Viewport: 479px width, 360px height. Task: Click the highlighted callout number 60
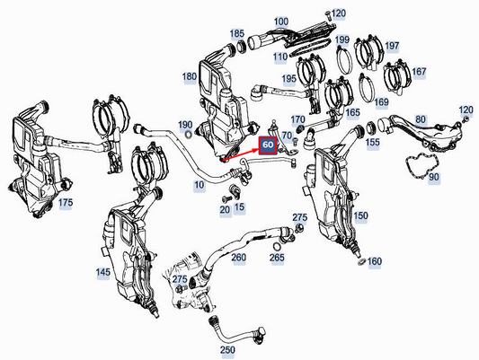click(x=269, y=145)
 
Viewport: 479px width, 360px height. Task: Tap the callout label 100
click(x=281, y=21)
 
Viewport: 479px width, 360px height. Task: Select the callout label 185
click(x=236, y=34)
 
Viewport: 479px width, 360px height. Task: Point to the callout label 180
click(x=189, y=77)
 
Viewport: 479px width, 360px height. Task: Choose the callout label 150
click(x=360, y=216)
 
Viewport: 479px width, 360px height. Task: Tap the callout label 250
click(x=227, y=349)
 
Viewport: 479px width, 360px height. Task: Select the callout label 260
click(x=238, y=258)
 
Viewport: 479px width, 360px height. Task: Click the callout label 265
click(x=277, y=258)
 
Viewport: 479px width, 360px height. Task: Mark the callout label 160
click(x=375, y=262)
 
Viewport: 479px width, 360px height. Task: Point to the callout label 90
click(x=433, y=178)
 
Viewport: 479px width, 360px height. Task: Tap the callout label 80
click(x=419, y=119)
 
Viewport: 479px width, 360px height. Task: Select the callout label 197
click(x=392, y=45)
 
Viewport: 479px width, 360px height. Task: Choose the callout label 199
click(x=342, y=40)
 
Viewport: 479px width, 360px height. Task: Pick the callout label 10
click(x=199, y=184)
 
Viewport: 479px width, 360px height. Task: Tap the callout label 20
click(x=225, y=208)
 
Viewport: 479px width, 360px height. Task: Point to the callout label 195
click(x=289, y=79)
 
